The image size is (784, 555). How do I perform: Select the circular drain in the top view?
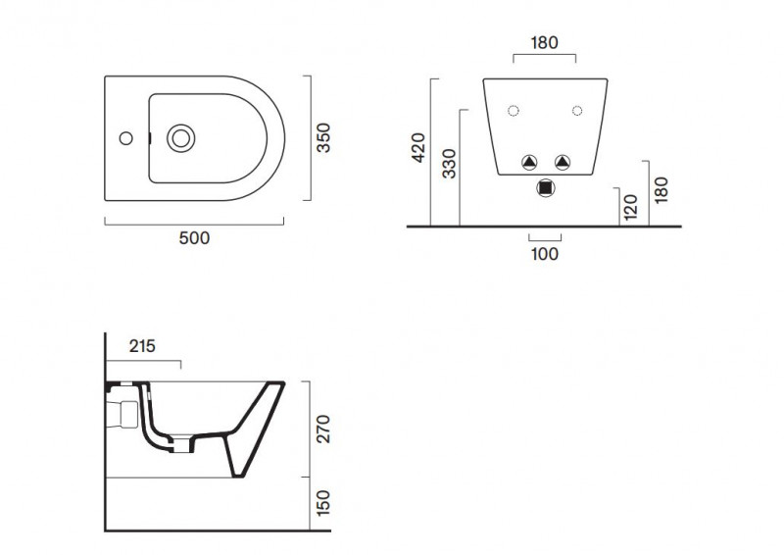pyautogui.click(x=180, y=138)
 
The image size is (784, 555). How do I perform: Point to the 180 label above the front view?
pyautogui.click(x=545, y=42)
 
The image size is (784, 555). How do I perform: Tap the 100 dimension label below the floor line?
pyautogui.click(x=545, y=254)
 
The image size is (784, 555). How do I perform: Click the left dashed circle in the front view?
pyautogui.click(x=513, y=110)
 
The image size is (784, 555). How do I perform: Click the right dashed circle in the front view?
pyautogui.click(x=576, y=110)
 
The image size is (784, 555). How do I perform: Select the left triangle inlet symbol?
pyautogui.click(x=529, y=162)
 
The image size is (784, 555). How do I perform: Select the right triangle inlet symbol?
pyautogui.click(x=562, y=162)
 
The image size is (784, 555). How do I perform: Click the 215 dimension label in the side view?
pyautogui.click(x=143, y=346)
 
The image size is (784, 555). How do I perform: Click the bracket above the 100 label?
pyautogui.click(x=545, y=237)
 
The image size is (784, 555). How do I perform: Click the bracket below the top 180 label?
pyautogui.click(x=545, y=57)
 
